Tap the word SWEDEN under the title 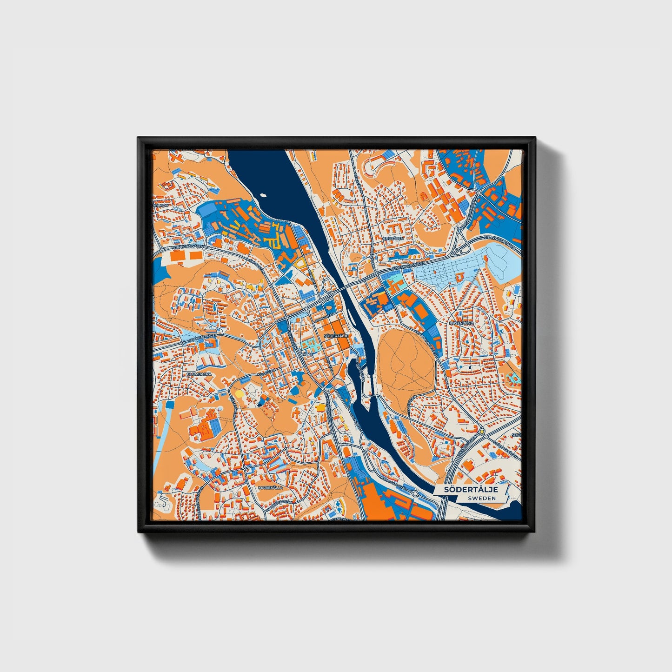pos(482,498)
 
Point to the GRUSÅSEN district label pos(393,238)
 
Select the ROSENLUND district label pos(461,323)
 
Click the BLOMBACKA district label pos(199,373)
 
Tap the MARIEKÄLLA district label pos(270,488)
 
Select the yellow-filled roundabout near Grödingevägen pos(482,432)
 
